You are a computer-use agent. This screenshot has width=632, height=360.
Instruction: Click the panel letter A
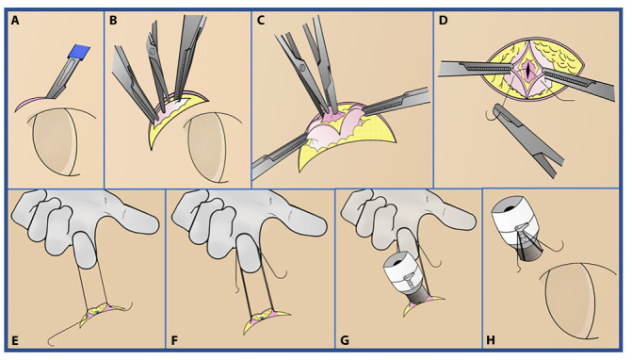pos(15,20)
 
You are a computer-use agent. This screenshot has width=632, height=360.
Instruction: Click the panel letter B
pos(113,20)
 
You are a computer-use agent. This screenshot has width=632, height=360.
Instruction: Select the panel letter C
pos(261,20)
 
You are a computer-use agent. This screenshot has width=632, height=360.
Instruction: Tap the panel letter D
pos(443,20)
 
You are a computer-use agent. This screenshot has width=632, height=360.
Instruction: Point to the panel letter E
pos(15,340)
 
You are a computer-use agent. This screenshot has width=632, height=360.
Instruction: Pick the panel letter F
pos(174,340)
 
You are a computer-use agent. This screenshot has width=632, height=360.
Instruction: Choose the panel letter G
pos(345,340)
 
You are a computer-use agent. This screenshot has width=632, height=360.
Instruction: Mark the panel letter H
pos(491,340)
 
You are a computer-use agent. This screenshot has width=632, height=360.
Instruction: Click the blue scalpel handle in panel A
pos(79,52)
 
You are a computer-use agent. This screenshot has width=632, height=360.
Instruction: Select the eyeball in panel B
pos(210,146)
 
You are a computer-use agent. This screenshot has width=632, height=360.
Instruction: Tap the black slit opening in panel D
pos(527,70)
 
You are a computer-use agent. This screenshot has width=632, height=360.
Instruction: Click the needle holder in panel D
pos(526,139)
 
